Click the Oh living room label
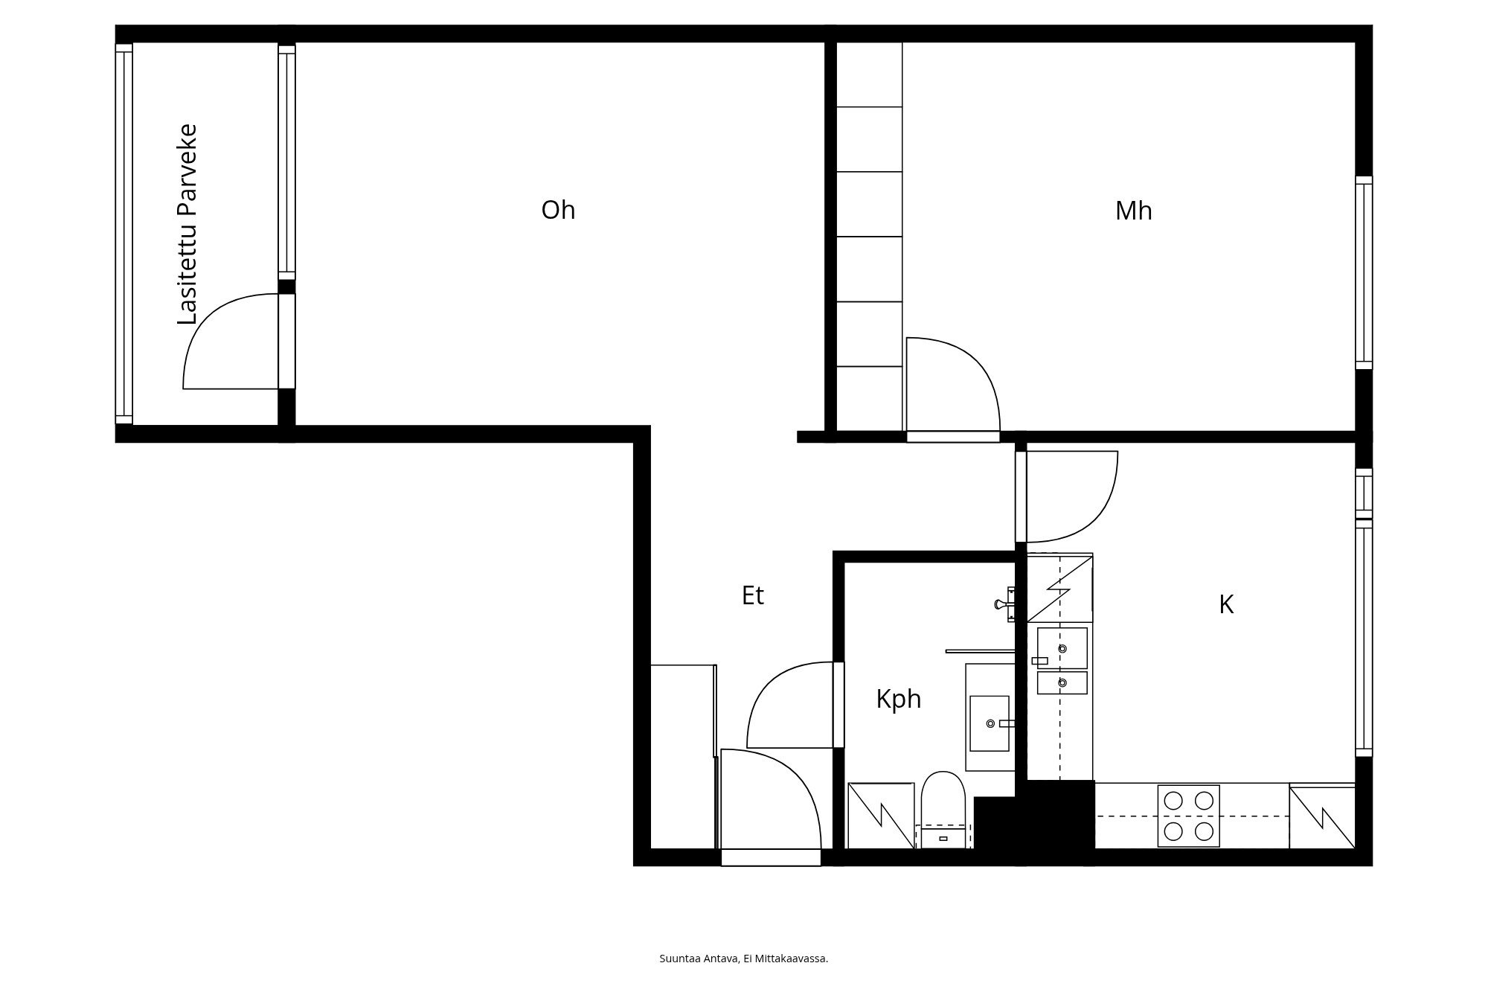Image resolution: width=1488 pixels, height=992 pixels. point(558,211)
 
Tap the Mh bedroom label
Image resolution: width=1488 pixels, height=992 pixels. point(1133,211)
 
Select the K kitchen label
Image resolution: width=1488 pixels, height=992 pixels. point(1226,605)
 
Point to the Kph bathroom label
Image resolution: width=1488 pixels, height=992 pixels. point(898,700)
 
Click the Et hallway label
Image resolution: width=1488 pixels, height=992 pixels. point(752,595)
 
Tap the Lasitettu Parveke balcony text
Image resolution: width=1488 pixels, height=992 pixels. point(187,224)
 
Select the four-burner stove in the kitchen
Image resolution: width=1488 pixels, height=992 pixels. point(1188,816)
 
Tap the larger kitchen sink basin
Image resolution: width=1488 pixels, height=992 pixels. point(1062,648)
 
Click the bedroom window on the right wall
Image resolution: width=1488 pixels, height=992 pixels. point(1363,272)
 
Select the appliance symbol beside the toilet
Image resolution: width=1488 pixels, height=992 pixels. point(881,816)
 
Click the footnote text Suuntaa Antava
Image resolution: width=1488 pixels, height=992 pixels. point(743,959)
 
